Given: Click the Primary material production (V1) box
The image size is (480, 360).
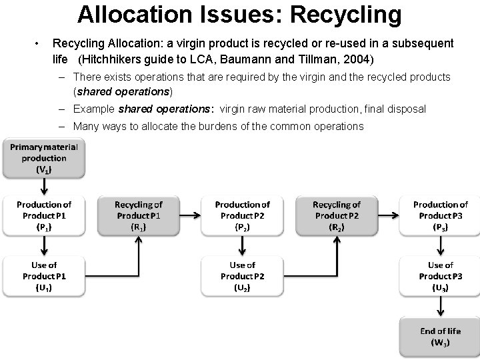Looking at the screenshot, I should click(43, 158).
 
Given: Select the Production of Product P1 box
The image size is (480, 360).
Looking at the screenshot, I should click(43, 215).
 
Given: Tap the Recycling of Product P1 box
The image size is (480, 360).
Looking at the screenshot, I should click(139, 215).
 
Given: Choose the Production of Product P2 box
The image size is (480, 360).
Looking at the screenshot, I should click(242, 215).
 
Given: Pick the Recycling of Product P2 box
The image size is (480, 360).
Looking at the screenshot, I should click(337, 215).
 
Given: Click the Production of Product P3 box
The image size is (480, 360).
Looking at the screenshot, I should click(440, 215).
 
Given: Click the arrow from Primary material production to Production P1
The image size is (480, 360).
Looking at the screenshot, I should click(43, 186).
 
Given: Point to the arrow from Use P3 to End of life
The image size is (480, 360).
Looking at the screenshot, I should click(440, 307).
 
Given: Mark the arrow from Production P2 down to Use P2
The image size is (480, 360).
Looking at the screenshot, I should click(242, 246).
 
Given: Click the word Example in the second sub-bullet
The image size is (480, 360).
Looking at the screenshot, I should click(94, 109).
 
